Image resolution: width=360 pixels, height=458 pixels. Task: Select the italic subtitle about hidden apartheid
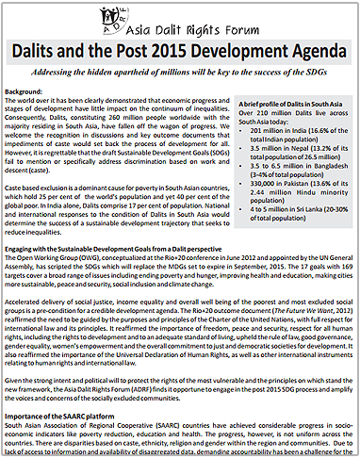[x=180, y=72]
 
